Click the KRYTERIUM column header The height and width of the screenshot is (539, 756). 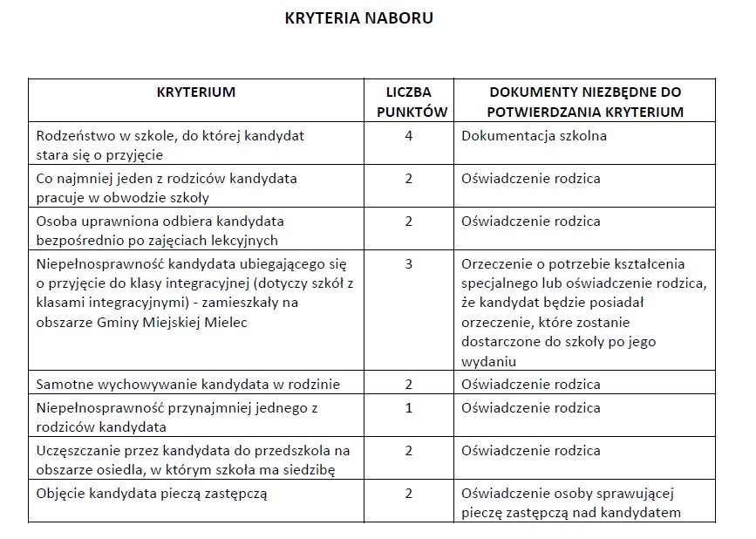[196, 92]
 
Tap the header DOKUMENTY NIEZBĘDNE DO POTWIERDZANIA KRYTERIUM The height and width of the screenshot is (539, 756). [584, 101]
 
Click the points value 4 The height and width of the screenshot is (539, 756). [408, 136]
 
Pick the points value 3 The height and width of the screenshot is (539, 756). [408, 263]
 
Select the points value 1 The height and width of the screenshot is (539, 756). [408, 407]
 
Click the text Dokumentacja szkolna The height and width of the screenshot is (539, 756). [534, 136]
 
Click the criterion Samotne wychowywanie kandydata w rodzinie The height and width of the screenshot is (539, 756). [188, 384]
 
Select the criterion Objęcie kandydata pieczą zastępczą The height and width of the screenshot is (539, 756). [151, 493]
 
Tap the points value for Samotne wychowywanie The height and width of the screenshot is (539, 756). [408, 384]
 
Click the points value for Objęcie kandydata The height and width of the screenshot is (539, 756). [408, 493]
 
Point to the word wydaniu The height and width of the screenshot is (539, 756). [489, 361]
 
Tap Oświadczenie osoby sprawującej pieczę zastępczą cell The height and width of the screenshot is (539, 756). [570, 502]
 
